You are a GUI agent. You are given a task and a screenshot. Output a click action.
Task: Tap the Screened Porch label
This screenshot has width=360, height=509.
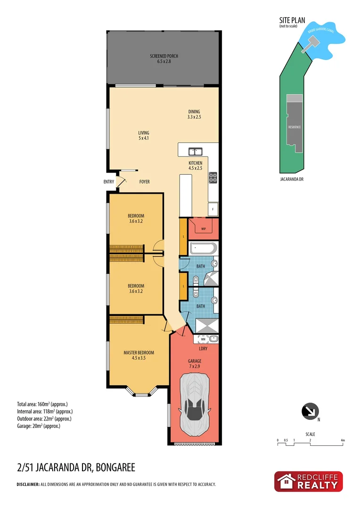(164, 59)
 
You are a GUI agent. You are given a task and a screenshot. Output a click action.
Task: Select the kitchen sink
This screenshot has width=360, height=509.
(195, 152)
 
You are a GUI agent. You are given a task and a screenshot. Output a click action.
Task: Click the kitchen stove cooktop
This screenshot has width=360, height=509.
(213, 178)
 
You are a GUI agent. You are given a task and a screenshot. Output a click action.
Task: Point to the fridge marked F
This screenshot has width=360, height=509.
(213, 208)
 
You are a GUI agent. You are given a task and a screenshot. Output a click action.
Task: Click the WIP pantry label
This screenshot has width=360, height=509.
(204, 229)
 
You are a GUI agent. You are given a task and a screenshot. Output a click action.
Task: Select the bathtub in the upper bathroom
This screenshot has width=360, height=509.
(203, 248)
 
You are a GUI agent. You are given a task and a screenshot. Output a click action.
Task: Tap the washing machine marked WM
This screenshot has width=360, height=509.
(203, 338)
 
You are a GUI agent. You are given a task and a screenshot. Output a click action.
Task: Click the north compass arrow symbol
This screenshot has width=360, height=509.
(309, 411)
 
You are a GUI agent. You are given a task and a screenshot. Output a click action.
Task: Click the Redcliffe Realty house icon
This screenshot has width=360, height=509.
(286, 482)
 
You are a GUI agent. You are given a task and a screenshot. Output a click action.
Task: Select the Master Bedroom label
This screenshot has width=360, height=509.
(139, 355)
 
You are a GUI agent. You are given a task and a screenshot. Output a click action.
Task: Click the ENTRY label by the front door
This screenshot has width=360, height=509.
(109, 181)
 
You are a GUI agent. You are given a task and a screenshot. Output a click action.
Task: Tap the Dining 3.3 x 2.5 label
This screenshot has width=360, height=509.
(194, 114)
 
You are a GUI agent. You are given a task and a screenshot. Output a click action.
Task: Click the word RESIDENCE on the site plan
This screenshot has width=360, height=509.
(295, 127)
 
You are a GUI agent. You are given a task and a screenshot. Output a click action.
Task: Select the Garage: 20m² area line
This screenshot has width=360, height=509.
(38, 426)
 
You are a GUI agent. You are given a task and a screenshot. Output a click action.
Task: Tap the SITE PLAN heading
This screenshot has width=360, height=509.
(292, 20)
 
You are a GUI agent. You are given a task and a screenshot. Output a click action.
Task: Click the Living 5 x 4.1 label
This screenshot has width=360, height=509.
(144, 136)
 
